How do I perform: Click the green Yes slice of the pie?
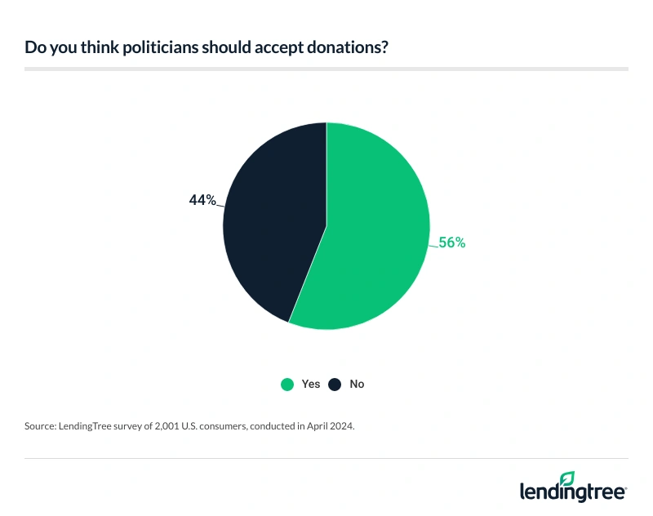[x=375, y=237]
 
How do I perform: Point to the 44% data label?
[x=202, y=200]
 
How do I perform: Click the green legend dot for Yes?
[x=287, y=384]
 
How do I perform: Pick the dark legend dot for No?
[x=334, y=384]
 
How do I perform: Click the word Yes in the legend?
[x=311, y=384]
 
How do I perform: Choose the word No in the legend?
[x=357, y=384]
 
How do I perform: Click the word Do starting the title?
[x=33, y=47]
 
